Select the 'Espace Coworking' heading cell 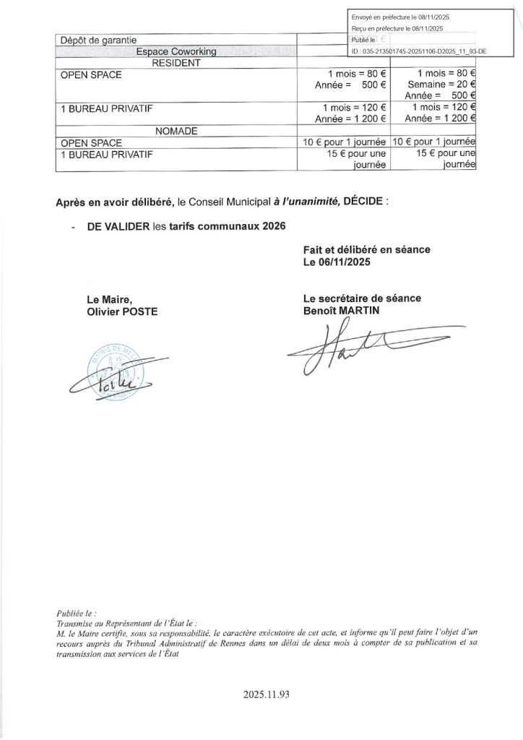(x=176, y=51)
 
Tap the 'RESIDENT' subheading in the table (x=176, y=63)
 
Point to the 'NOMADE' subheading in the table (x=176, y=131)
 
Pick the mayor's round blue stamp (x=113, y=373)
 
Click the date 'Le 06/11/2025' (x=337, y=262)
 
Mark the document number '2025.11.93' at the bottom (x=267, y=695)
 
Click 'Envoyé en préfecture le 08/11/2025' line (x=400, y=17)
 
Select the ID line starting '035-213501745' (x=419, y=52)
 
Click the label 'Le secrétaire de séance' (x=362, y=298)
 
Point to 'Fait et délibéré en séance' (x=366, y=249)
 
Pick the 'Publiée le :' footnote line (x=76, y=611)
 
